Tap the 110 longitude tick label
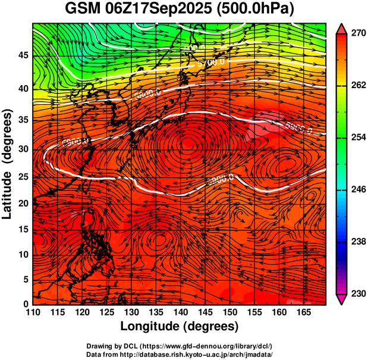click(x=33, y=312)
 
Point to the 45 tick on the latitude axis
click(x=23, y=56)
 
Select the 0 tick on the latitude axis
click(x=26, y=304)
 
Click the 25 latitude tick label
click(x=23, y=177)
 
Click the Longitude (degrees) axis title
click(x=180, y=326)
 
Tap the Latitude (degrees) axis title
click(x=8, y=164)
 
